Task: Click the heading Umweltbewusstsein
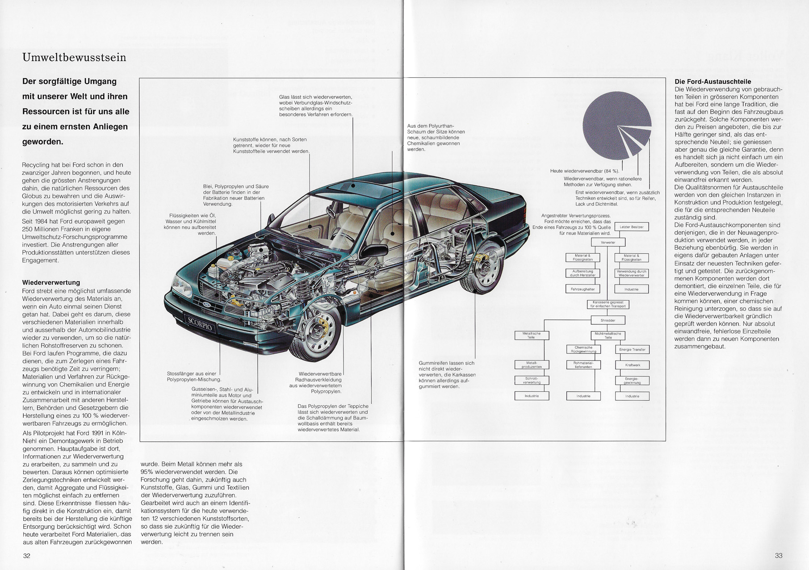(74, 57)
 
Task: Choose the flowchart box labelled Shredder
(608, 320)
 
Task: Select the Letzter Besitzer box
(632, 227)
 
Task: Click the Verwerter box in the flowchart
(608, 243)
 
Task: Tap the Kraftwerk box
(633, 365)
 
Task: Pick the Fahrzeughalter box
(583, 289)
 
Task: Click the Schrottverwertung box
(532, 381)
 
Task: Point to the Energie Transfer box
(633, 349)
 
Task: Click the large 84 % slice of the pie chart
(610, 123)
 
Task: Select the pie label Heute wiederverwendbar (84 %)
(585, 171)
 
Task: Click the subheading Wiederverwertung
(51, 282)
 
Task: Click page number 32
(27, 556)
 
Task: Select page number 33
(779, 556)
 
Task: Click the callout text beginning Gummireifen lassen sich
(447, 375)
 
